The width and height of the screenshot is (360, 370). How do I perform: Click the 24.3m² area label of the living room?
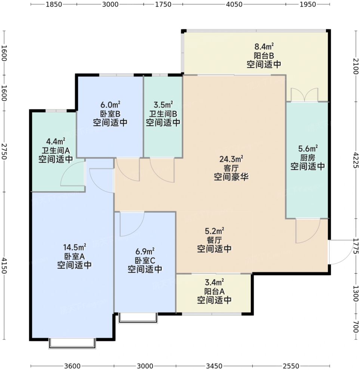[231, 159]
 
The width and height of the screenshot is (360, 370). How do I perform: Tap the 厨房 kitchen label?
[307, 158]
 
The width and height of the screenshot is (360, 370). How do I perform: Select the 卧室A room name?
[74, 256]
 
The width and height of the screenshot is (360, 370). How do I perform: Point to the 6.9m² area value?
[145, 251]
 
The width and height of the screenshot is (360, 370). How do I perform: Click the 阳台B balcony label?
[264, 56]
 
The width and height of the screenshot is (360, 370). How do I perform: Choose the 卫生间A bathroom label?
[56, 150]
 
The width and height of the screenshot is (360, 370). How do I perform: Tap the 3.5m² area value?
[163, 104]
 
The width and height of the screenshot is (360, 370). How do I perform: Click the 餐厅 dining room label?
[214, 240]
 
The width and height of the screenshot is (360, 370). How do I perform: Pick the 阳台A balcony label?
[214, 291]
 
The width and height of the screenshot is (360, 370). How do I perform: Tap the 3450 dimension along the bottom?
[214, 366]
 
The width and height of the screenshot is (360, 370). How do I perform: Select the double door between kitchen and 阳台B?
[304, 95]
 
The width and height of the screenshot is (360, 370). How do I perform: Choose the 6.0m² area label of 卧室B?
[110, 104]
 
